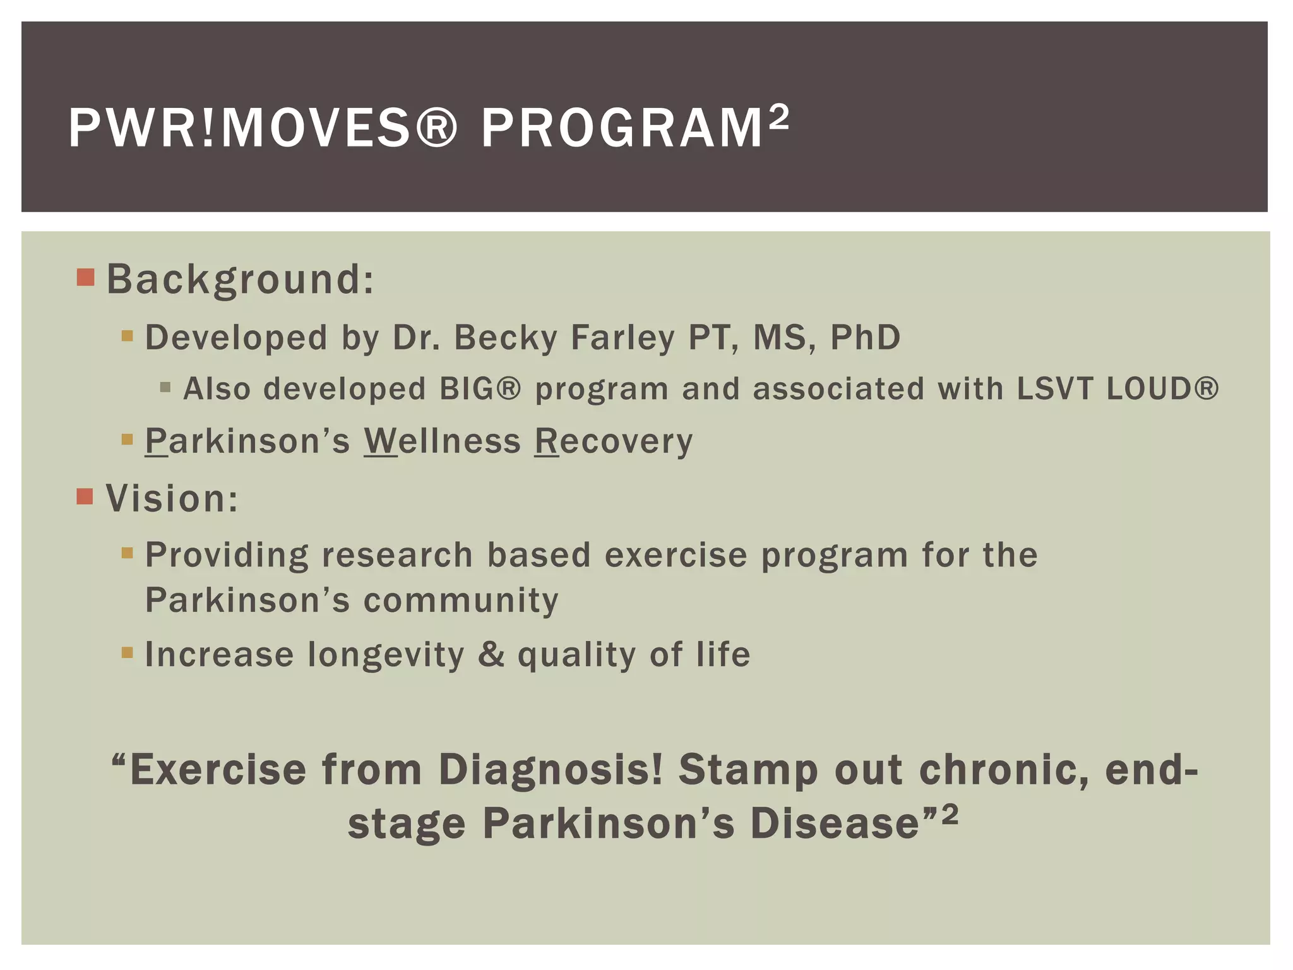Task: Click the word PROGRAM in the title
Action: [x=622, y=128]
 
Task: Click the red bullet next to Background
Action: [x=85, y=277]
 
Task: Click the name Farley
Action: [x=623, y=337]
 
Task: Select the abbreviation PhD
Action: [x=865, y=337]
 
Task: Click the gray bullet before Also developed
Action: [x=165, y=387]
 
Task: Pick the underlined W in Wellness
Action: [x=380, y=441]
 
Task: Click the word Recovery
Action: [x=614, y=441]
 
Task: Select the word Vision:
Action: [x=172, y=498]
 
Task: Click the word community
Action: [x=461, y=600]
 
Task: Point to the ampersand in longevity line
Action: [x=491, y=654]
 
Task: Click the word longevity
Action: [x=386, y=655]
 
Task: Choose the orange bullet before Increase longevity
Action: [x=128, y=652]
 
